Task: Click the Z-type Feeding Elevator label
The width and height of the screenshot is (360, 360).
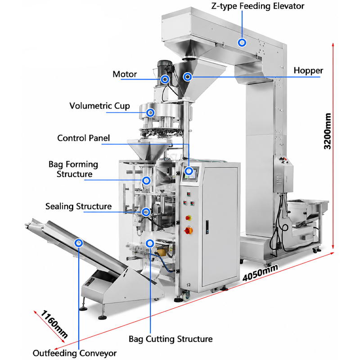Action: (257, 6)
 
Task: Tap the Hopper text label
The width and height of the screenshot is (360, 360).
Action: (308, 71)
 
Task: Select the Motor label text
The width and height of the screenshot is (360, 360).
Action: (125, 74)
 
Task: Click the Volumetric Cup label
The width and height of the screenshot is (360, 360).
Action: (99, 106)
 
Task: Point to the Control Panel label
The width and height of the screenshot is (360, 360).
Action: (84, 138)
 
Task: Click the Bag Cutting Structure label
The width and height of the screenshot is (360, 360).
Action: (171, 339)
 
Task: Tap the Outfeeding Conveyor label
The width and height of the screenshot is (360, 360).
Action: (75, 353)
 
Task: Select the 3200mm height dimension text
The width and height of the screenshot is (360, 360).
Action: (328, 131)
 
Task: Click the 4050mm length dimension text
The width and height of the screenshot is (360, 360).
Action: (261, 273)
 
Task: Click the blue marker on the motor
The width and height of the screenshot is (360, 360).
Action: (165, 79)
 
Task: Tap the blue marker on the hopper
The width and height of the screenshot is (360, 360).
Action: (188, 76)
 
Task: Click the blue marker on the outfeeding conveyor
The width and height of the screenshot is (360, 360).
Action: (79, 243)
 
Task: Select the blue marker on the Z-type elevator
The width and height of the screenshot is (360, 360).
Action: (242, 42)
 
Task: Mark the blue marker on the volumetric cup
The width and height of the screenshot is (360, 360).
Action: (150, 112)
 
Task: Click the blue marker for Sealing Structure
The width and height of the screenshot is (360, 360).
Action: (146, 212)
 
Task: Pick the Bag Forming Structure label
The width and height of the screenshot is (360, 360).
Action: (73, 169)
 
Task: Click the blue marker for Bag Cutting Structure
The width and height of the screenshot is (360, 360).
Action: (150, 243)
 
